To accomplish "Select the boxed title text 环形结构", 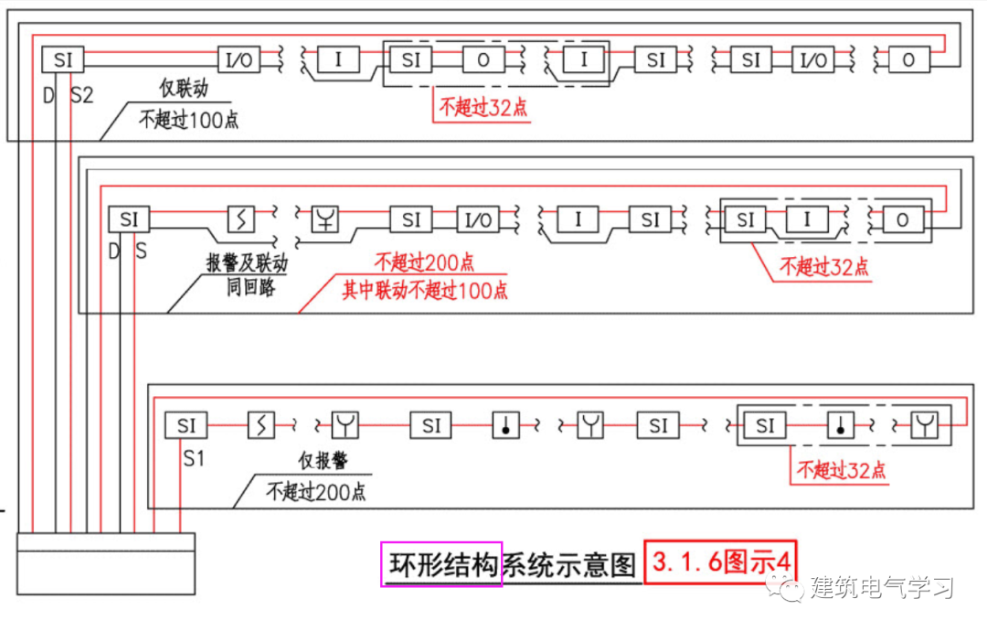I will (x=441, y=563).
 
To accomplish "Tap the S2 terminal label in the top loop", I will (x=82, y=94).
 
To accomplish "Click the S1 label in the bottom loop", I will (x=193, y=458).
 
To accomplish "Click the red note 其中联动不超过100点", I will (x=425, y=291).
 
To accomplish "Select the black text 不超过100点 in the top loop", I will (x=188, y=119).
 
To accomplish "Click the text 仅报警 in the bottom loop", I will (x=323, y=460).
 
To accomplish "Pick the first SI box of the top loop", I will (x=63, y=60).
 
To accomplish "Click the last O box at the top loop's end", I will (x=908, y=60).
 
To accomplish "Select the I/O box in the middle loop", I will (x=478, y=220).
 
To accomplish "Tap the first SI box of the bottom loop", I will (x=186, y=425).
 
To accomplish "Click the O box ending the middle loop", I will (x=902, y=220).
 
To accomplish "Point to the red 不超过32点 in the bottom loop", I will (x=841, y=471).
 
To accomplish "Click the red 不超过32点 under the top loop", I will (x=483, y=108).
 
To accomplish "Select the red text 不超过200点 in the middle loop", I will (x=424, y=263).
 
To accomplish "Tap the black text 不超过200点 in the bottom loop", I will (x=316, y=491).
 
